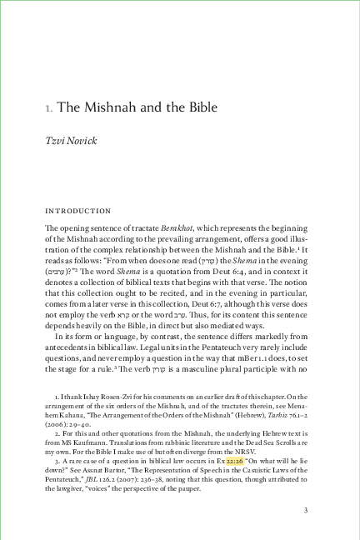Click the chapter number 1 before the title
coord(48,108)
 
